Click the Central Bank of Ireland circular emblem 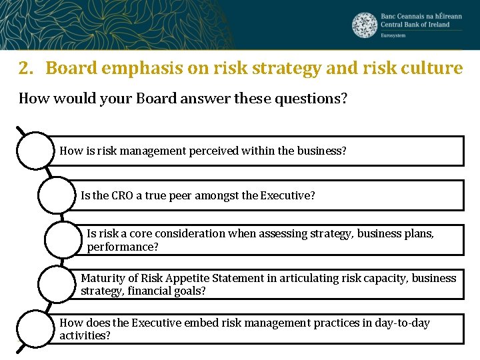[x=365, y=25]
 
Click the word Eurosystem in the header [x=393, y=35]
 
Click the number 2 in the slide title [x=25, y=68]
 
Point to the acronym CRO [x=121, y=195]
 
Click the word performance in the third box [x=121, y=247]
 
